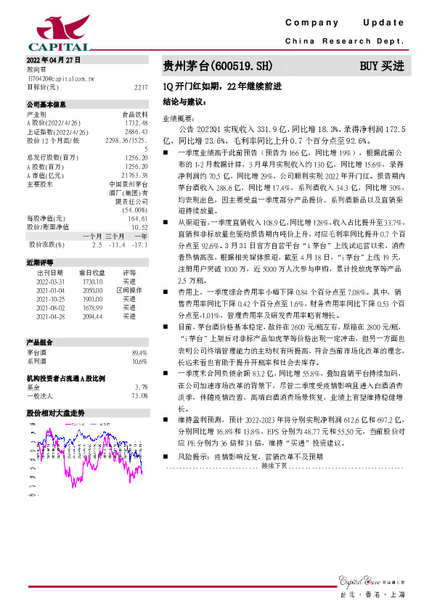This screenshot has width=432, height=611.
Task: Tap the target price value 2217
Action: (x=141, y=86)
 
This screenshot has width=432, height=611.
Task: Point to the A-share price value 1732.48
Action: (x=136, y=123)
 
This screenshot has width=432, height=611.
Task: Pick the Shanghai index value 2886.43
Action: (x=136, y=132)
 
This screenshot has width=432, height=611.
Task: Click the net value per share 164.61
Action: (x=138, y=218)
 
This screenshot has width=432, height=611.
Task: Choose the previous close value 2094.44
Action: (x=94, y=316)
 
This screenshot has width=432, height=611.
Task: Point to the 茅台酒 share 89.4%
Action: (x=139, y=352)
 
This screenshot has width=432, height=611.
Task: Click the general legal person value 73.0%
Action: (x=139, y=395)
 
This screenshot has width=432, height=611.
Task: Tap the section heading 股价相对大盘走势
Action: (x=55, y=413)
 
